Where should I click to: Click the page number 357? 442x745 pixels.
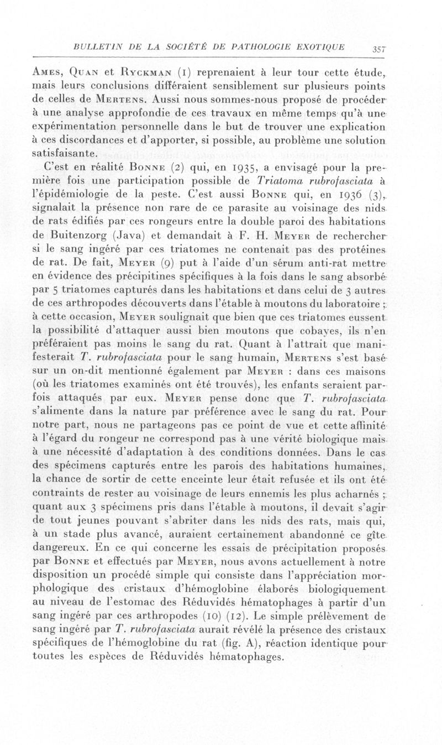pos(378,49)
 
